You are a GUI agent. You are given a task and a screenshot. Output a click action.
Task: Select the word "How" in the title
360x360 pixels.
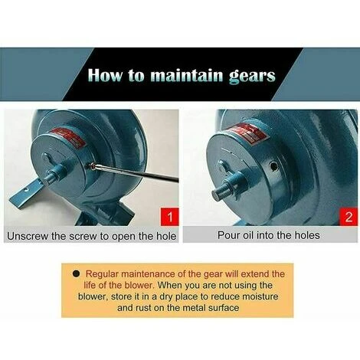tap(105, 75)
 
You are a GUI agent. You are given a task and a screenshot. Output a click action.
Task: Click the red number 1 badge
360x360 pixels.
tap(169, 217)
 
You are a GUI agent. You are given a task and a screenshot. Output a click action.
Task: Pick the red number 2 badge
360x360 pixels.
tap(349, 217)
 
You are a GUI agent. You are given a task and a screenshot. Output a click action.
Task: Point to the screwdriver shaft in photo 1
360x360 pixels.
tap(136, 172)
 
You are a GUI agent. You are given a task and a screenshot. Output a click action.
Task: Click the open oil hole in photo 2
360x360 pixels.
tap(274, 167)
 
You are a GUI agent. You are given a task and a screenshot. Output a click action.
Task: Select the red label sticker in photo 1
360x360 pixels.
tap(68, 138)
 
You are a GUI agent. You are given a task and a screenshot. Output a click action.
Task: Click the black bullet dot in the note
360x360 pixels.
tap(76, 273)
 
